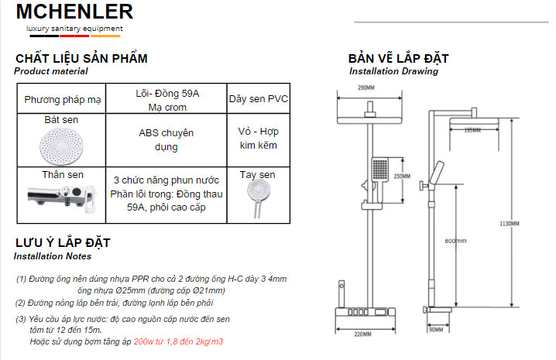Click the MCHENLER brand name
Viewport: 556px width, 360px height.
pyautogui.click(x=74, y=12)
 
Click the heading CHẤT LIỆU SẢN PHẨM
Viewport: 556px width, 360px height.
pyautogui.click(x=81, y=59)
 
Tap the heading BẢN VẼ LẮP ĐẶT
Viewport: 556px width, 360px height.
pyautogui.click(x=398, y=59)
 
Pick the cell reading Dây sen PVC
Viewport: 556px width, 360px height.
pyautogui.click(x=258, y=100)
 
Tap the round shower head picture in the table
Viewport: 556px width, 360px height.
pyautogui.click(x=60, y=145)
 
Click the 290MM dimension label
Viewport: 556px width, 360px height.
pyautogui.click(x=366, y=87)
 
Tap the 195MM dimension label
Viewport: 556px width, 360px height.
pyautogui.click(x=472, y=130)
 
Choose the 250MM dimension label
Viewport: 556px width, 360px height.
pyautogui.click(x=402, y=177)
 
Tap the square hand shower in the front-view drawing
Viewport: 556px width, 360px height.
pyautogui.click(x=379, y=170)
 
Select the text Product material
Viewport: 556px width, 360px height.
pyautogui.click(x=50, y=71)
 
